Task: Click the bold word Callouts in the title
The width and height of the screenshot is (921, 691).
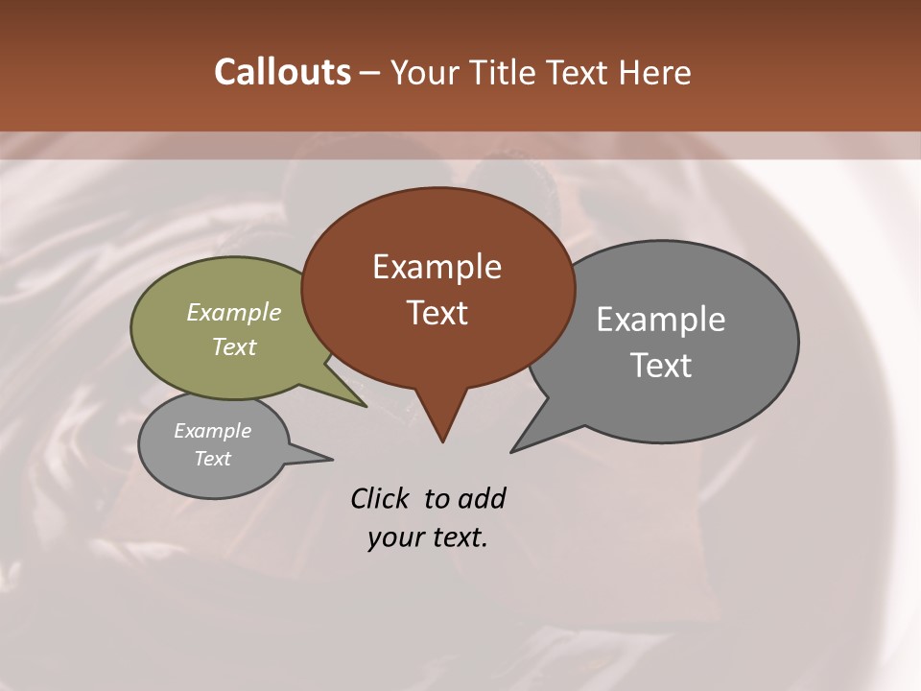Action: click(282, 72)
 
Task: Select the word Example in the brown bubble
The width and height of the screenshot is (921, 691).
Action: click(437, 267)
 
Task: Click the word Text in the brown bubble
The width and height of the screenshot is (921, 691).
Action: click(437, 312)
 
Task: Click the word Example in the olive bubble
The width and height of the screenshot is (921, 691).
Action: click(234, 312)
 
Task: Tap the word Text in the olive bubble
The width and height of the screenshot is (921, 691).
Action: click(234, 346)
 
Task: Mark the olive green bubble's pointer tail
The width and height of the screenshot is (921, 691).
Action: click(355, 398)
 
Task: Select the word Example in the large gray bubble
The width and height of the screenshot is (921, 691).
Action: click(661, 320)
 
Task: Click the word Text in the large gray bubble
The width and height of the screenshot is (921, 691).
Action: click(661, 366)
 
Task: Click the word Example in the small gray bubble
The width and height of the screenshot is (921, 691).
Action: click(212, 431)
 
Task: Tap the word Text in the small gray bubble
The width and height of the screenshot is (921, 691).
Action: click(212, 459)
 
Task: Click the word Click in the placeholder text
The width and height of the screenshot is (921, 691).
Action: click(381, 498)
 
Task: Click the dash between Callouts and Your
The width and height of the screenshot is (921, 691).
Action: click(370, 73)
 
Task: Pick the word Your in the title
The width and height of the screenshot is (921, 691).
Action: click(423, 72)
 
